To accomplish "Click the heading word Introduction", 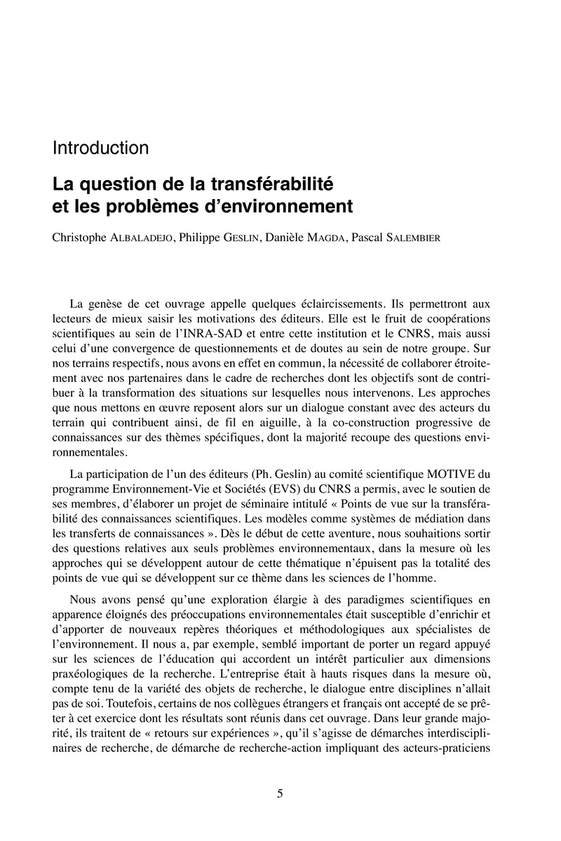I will (x=100, y=149).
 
